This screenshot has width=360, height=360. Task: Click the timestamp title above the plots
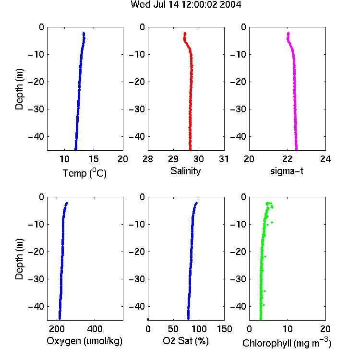click(186, 4)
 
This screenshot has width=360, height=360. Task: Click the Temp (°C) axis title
click(84, 173)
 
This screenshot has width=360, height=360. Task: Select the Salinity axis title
click(185, 171)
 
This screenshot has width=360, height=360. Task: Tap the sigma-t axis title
click(287, 171)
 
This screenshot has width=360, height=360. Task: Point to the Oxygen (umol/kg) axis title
click(84, 341)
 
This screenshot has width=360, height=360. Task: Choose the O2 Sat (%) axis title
click(186, 341)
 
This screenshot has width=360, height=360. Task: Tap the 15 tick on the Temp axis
click(94, 159)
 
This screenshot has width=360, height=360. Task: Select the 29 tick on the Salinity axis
click(173, 159)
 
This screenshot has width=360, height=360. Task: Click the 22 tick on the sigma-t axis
click(288, 159)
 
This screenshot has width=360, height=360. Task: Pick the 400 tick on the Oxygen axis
click(95, 329)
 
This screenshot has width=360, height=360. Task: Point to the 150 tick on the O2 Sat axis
click(225, 329)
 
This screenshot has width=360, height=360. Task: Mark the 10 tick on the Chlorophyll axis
click(288, 329)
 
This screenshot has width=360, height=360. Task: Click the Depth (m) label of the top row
click(19, 89)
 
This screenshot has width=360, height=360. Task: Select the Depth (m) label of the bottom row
click(19, 259)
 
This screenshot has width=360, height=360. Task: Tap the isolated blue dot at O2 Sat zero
click(148, 319)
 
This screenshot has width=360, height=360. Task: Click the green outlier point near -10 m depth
click(272, 222)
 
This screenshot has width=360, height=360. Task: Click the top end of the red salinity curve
click(185, 33)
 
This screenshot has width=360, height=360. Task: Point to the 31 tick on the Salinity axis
click(224, 159)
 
